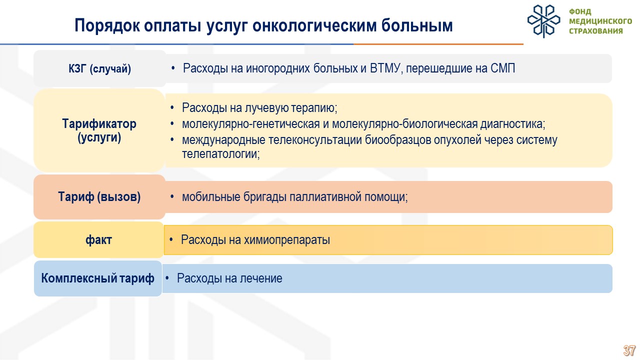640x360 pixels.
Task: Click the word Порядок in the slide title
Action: coord(107,26)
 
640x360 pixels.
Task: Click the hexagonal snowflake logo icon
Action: coord(543,21)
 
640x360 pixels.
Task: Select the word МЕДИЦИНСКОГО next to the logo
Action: coord(600,21)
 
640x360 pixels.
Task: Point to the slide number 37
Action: coord(629,350)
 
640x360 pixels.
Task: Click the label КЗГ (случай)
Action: coord(99,68)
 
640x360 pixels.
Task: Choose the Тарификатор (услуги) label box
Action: coord(99,130)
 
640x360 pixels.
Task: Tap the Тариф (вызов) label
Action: coord(99,197)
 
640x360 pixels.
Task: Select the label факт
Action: coord(98,239)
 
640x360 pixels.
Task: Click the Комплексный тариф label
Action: coord(97,278)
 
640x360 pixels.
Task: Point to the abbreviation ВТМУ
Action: coord(384,68)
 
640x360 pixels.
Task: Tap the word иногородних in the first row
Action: coord(277,68)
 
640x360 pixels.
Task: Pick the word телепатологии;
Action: coord(221,154)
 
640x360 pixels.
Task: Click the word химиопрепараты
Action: coord(287,240)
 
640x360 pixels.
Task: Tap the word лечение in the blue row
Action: coord(261,278)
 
